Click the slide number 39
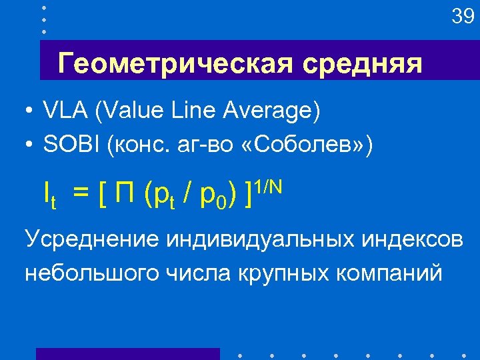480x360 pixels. (x=462, y=17)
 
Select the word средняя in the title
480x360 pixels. (x=361, y=65)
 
